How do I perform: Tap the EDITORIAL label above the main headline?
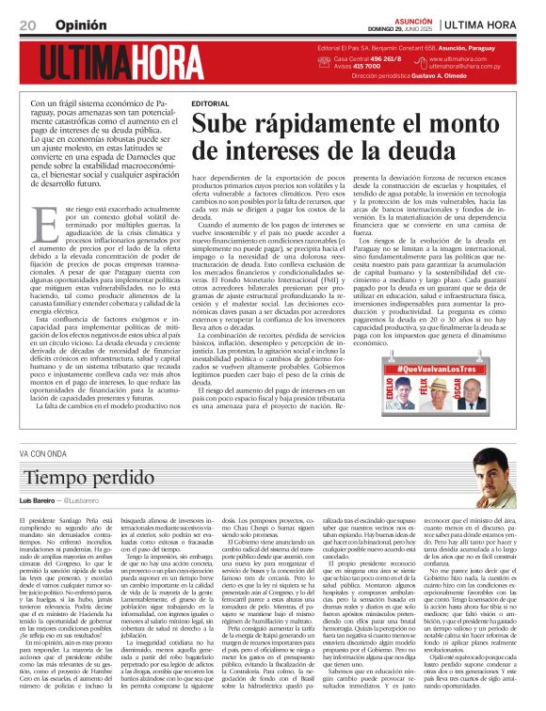pos(209,103)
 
